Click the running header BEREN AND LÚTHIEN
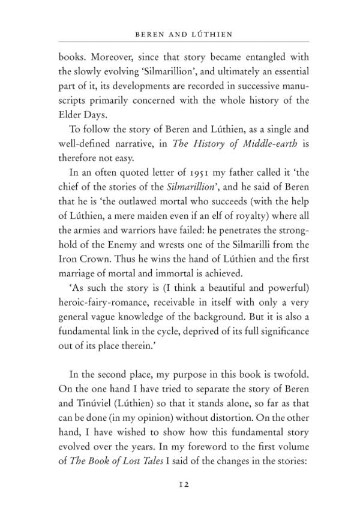pyautogui.click(x=184, y=35)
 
